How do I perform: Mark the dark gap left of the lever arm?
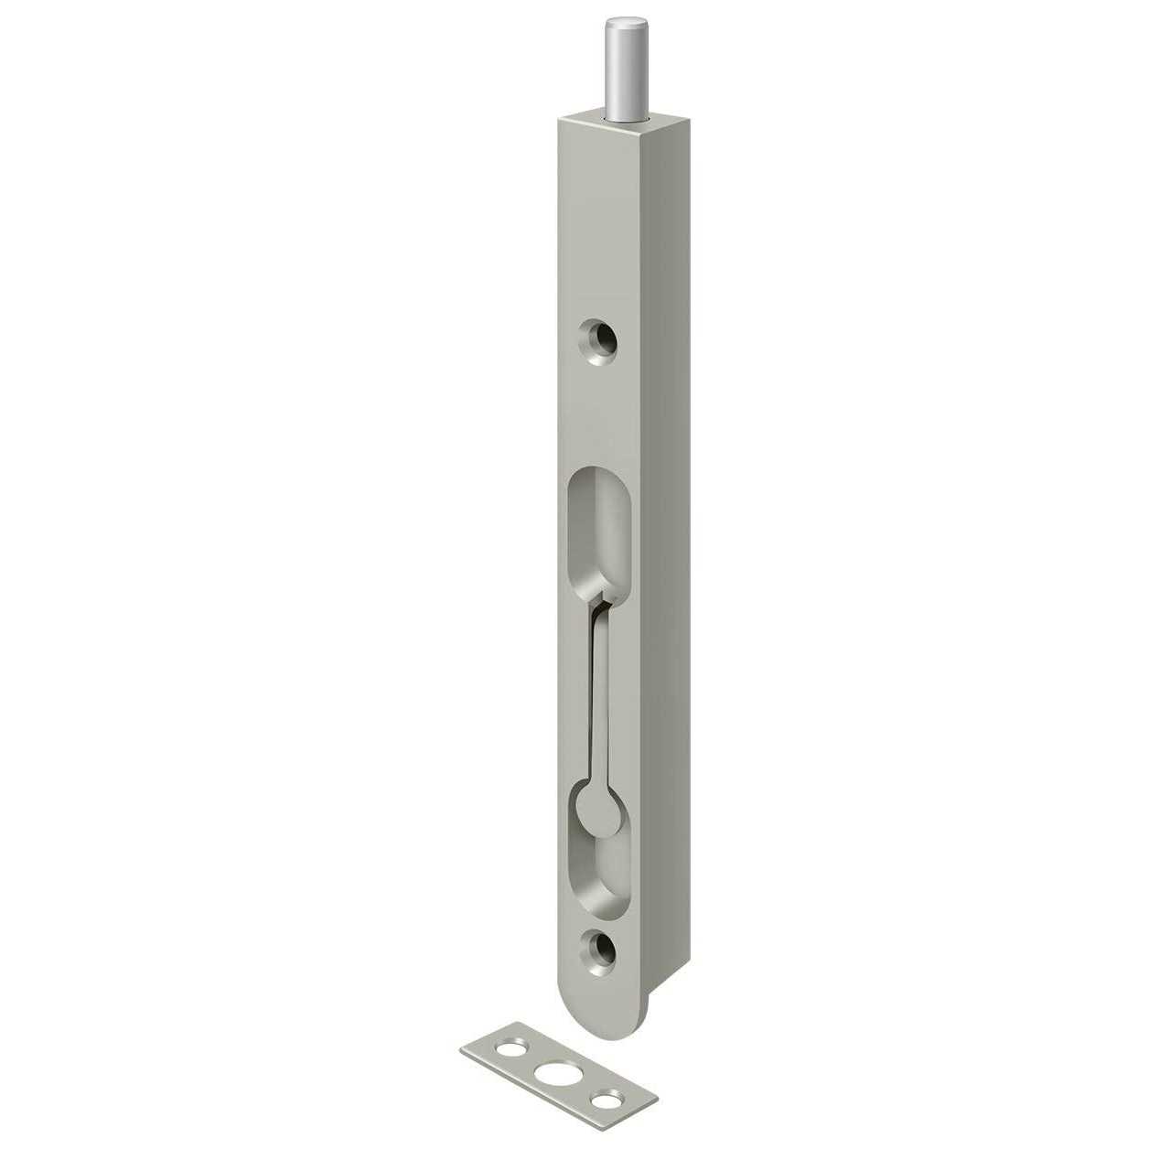(x=591, y=695)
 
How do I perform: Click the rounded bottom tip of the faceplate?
(x=604, y=1011)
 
